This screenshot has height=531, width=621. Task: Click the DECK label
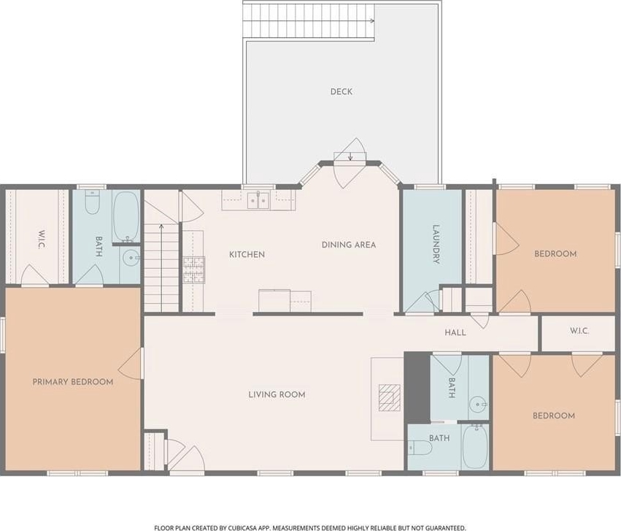point(341,91)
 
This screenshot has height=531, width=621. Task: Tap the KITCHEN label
point(247,254)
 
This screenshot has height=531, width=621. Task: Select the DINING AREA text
point(349,245)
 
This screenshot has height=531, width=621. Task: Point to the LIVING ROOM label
point(277,394)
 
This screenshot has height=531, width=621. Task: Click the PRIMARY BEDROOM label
point(73,382)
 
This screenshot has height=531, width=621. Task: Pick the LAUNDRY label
point(436,244)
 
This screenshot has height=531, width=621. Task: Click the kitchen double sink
point(258,200)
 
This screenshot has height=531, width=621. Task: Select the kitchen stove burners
point(193,270)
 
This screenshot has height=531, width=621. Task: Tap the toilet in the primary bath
point(92,202)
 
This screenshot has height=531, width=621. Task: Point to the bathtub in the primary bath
point(126,216)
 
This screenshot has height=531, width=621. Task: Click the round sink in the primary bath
point(131,258)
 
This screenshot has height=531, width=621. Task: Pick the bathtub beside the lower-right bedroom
point(475,446)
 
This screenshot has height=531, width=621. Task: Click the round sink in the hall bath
point(478,405)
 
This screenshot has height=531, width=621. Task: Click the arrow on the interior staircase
point(161,268)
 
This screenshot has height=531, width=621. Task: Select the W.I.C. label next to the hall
point(579,330)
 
